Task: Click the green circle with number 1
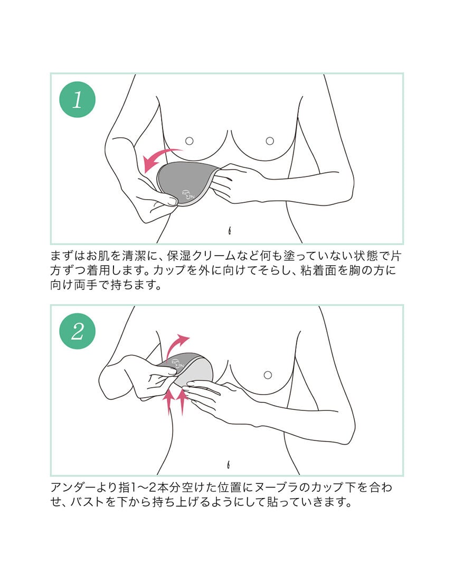[x=78, y=100]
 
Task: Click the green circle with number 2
[x=78, y=331]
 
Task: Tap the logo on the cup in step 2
[x=179, y=362]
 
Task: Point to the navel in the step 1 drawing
[x=230, y=230]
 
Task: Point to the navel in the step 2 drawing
[x=229, y=464]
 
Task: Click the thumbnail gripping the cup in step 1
[x=172, y=201]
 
